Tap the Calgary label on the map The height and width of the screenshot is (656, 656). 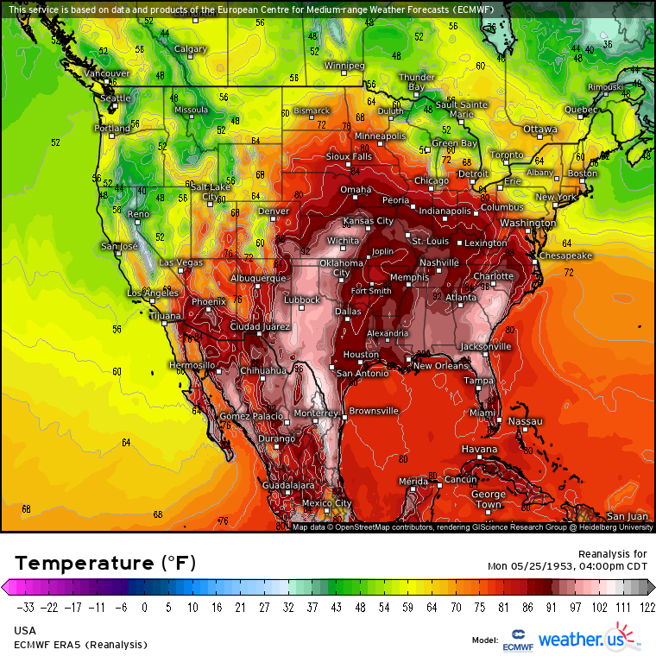click(191, 49)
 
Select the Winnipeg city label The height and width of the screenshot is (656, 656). click(344, 66)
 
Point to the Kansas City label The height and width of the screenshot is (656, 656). click(369, 221)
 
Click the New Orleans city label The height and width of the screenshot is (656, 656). click(440, 366)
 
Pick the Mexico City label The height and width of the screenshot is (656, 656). click(326, 503)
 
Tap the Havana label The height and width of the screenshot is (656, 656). click(479, 450)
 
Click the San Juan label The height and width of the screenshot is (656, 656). click(627, 515)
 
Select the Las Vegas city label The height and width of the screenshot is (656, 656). click(180, 262)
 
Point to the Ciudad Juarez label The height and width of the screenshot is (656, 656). click(262, 327)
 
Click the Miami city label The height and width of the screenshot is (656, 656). click(483, 413)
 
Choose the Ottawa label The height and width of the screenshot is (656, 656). click(540, 129)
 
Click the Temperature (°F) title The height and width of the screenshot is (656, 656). click(105, 563)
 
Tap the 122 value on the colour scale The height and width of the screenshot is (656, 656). click(647, 608)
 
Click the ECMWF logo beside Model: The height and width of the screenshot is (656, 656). click(518, 640)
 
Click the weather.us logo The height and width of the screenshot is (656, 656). click(587, 640)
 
